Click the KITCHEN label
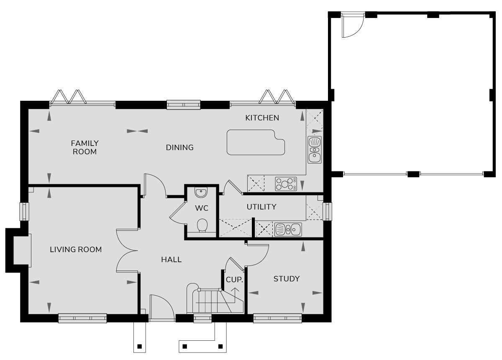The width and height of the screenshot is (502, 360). (x=262, y=118)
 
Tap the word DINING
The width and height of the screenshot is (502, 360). (x=179, y=148)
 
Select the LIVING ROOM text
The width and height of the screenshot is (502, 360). (x=76, y=250)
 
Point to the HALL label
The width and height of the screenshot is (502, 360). (x=171, y=260)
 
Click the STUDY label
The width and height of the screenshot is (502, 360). (x=287, y=279)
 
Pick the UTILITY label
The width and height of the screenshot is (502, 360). (x=261, y=207)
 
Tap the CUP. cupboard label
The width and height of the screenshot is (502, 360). (x=234, y=280)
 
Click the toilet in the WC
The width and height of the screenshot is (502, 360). (x=202, y=225)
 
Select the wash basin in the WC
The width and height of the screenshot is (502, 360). (x=201, y=192)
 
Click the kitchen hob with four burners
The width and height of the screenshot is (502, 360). (x=286, y=184)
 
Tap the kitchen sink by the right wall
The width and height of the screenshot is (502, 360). (x=315, y=150)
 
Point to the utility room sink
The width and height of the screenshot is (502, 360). (x=288, y=230)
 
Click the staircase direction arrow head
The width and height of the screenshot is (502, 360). (x=235, y=290)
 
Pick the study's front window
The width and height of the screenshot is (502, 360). (x=277, y=318)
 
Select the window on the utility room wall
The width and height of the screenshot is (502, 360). (x=328, y=212)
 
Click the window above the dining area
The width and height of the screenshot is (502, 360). (x=183, y=105)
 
